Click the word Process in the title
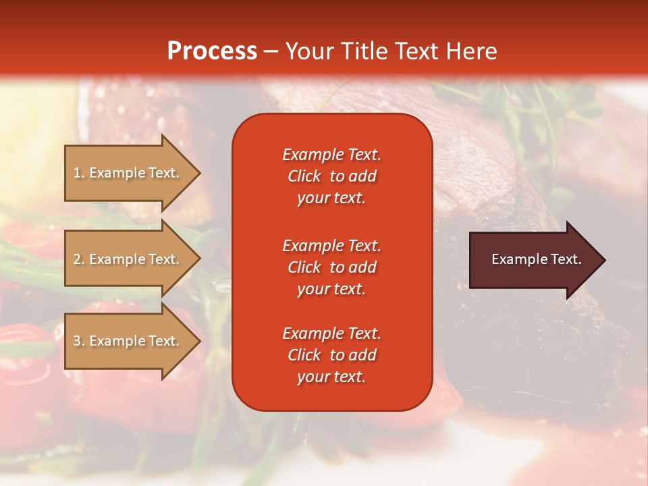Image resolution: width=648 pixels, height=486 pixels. (212, 51)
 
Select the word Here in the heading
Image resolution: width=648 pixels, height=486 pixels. (472, 51)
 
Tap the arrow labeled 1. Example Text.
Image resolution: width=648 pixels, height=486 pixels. (128, 173)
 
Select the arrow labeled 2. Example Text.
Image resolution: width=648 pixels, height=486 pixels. (128, 259)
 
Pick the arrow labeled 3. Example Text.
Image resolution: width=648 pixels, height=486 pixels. (128, 341)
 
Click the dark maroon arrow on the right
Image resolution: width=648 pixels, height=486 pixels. (533, 260)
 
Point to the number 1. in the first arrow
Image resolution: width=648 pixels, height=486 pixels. (79, 173)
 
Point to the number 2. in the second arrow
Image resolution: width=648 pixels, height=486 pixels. (79, 259)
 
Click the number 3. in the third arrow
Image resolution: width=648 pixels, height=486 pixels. (79, 341)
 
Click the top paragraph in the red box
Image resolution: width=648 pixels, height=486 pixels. (331, 176)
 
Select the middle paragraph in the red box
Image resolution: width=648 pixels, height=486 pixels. (331, 267)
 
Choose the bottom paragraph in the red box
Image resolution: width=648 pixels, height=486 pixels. (331, 355)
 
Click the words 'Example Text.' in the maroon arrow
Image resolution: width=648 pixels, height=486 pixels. (537, 259)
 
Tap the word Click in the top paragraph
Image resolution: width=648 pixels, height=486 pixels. (304, 176)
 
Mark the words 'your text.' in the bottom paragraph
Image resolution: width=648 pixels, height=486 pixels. (331, 377)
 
